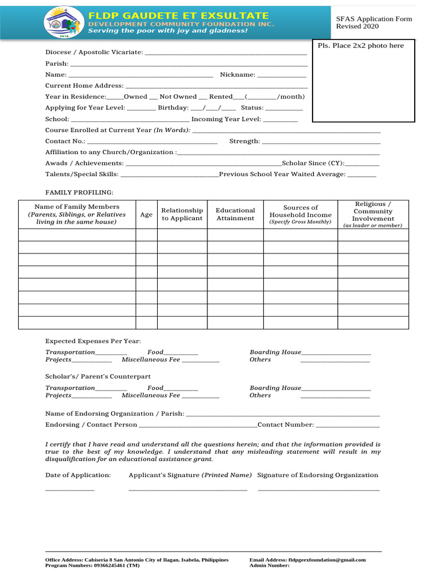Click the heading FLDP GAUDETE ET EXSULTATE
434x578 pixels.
179,15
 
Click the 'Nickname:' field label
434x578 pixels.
237,75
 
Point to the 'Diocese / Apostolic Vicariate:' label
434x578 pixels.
94,52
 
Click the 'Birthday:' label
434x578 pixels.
173,108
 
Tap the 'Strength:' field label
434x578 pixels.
245,141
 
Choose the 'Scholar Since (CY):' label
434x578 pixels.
313,163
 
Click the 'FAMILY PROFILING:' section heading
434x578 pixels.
79,192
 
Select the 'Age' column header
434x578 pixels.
146,214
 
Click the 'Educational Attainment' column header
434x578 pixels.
235,214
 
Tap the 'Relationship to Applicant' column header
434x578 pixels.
182,214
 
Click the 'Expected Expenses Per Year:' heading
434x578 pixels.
93,341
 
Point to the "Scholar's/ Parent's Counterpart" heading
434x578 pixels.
98,376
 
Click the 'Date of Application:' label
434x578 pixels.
78,475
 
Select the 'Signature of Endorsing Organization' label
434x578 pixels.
318,475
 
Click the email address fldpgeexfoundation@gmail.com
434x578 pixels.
327,560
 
